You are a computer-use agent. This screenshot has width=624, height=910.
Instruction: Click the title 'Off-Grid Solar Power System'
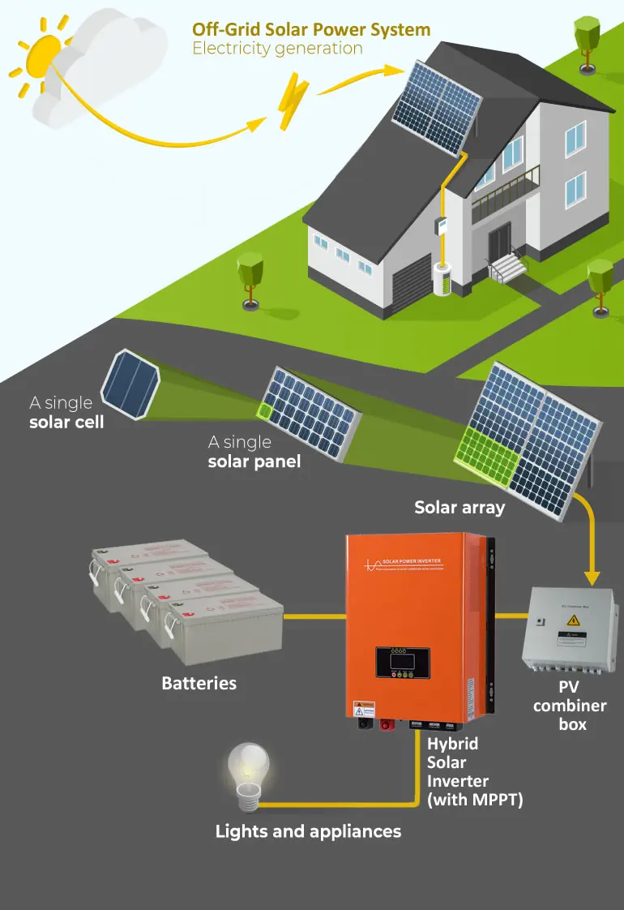point(311,30)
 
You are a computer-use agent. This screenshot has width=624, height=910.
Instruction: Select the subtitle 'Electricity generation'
point(277,49)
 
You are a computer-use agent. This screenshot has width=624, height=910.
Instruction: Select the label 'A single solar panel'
point(254,453)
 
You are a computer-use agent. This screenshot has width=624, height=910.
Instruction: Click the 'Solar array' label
point(459,508)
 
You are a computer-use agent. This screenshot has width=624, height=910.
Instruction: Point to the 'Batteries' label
point(199,683)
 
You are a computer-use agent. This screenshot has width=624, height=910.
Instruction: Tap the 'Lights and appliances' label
point(308,831)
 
